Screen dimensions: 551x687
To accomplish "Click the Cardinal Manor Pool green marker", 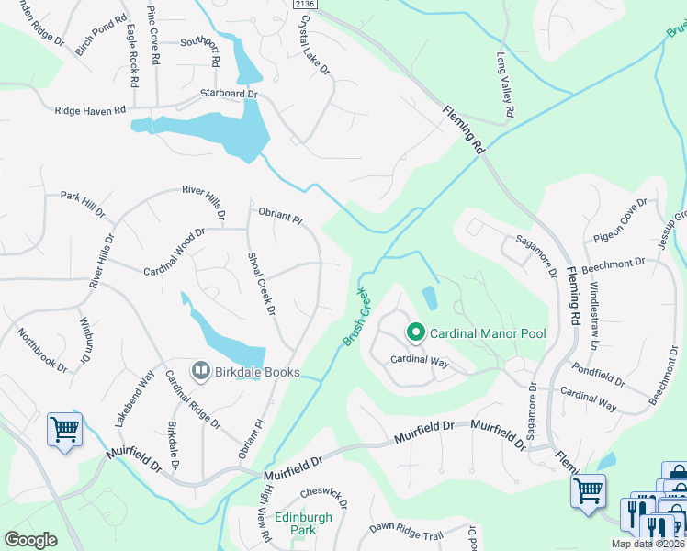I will tap(415, 332).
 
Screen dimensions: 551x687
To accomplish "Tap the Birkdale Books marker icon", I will tap(200, 370).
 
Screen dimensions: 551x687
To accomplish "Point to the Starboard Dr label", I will tap(229, 95).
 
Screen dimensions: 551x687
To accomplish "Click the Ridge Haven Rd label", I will tap(90, 110).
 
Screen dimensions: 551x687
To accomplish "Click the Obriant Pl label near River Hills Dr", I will tap(280, 217).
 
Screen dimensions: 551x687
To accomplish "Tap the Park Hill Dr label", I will tap(84, 203).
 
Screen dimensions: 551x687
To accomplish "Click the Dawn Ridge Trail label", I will tap(407, 530).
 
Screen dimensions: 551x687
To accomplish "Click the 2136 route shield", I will tap(306, 5).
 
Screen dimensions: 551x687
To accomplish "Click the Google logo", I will tap(30, 540).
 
